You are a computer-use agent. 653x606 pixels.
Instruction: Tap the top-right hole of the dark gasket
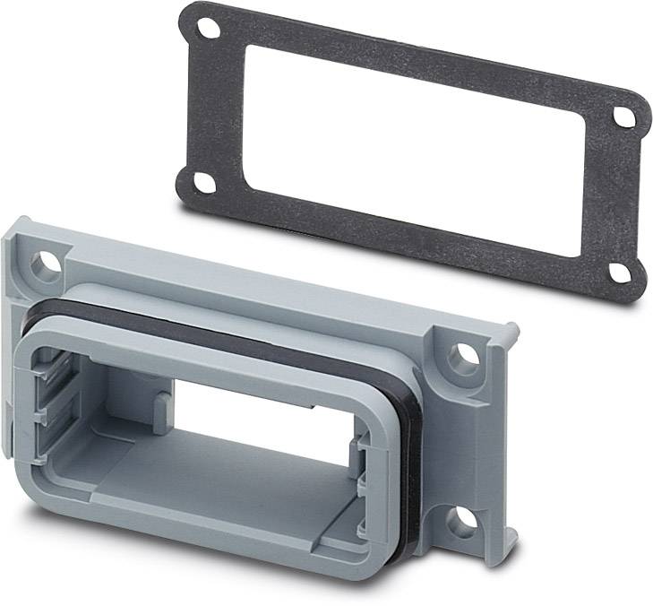pyautogui.click(x=625, y=117)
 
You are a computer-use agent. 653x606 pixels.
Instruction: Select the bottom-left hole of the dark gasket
pyautogui.click(x=204, y=182)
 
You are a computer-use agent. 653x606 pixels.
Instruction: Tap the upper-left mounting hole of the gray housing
pyautogui.click(x=43, y=264)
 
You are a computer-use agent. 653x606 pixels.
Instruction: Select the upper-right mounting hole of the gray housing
pyautogui.click(x=463, y=357)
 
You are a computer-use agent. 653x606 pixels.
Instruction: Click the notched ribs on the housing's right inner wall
pyautogui.click(x=358, y=466)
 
